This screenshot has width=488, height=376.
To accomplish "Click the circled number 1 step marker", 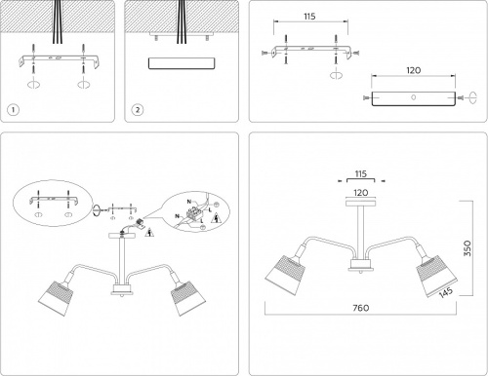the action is pos(13,110).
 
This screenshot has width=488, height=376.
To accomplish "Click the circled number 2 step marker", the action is pos(138,110).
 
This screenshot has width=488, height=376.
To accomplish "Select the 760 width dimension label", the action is pos(361,308).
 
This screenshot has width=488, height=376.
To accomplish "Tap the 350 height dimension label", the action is pos(468,248).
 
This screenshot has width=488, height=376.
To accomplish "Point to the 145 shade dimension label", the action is pos(446,292).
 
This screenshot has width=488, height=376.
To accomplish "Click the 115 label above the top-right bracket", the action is pos(309,17).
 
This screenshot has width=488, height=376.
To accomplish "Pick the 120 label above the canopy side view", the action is pos(414,70).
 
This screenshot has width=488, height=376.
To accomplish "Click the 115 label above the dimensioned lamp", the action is pos(361,174).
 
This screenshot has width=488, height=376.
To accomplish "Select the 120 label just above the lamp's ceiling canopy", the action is pos(361,193).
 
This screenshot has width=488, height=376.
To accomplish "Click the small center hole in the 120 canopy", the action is pos(414,97).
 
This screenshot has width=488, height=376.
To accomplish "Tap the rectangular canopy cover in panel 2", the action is pos(182,63).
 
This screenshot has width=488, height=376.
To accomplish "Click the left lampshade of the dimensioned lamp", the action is pos(286,275).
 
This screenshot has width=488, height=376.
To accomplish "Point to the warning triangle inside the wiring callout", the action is pos(216,219).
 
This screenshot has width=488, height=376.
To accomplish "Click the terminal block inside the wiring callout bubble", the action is pos(194,212).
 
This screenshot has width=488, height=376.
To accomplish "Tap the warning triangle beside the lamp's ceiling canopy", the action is pos(149,233).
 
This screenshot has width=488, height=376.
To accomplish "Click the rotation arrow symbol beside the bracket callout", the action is pos(97,210).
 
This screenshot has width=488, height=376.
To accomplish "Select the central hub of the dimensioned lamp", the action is pos(360,265).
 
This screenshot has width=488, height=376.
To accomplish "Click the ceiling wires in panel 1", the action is pos(58,21).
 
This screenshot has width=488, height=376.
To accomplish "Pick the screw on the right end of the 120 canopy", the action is pos(461,97).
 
